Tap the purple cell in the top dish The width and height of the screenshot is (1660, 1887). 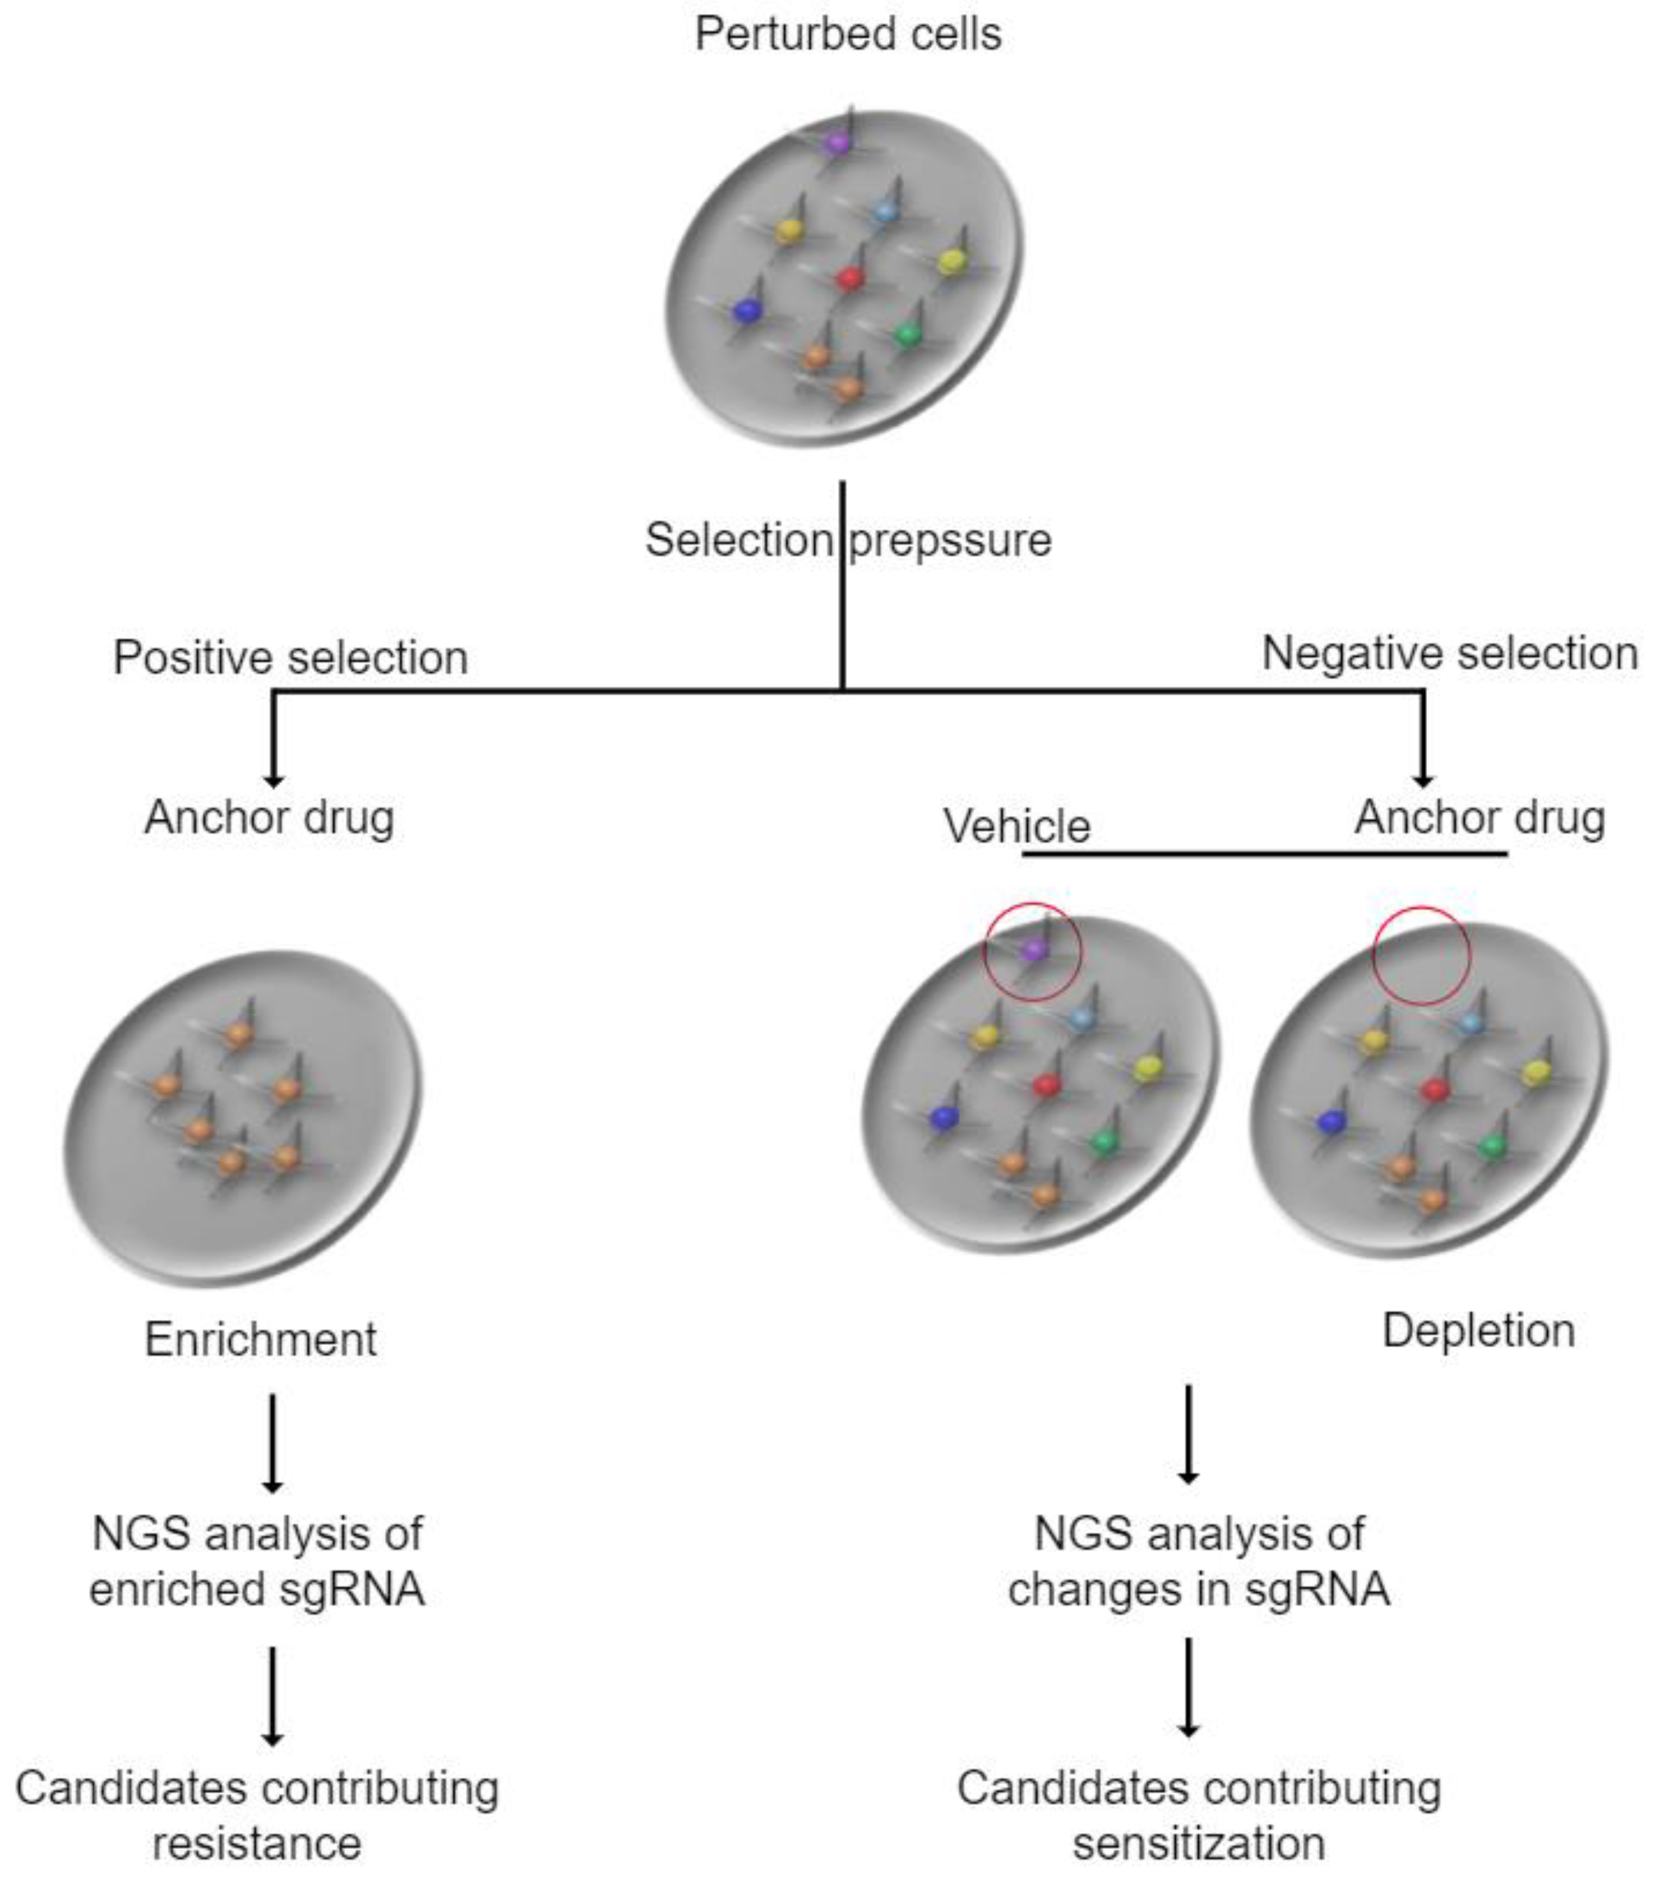[x=837, y=143]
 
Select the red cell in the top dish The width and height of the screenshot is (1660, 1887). [x=850, y=278]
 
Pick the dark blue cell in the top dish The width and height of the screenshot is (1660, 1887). [x=746, y=311]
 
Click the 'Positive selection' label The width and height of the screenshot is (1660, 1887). [x=290, y=658]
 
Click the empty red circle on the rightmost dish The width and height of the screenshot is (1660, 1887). [x=1420, y=955]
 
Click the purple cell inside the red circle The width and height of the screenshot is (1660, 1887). [x=1034, y=949]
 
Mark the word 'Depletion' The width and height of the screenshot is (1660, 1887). [x=1477, y=1330]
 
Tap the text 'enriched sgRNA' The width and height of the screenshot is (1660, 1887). [x=257, y=1590]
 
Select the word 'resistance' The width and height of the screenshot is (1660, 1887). [x=257, y=1844]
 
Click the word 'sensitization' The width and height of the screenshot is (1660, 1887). [x=1198, y=1844]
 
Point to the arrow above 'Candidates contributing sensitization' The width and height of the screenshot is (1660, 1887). [x=1188, y=1689]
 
